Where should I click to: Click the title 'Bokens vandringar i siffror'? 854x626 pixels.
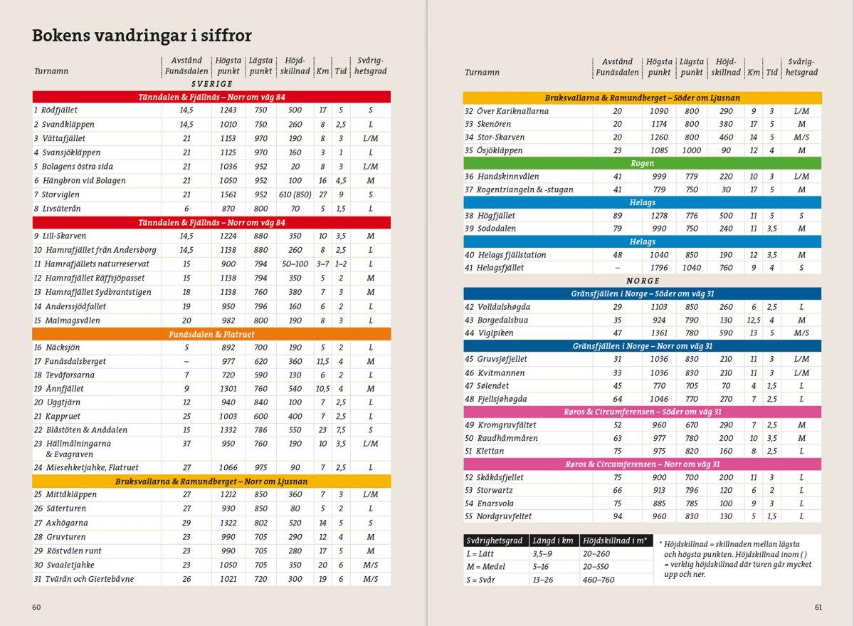coord(142,36)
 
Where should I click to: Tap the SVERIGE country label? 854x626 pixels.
coord(211,84)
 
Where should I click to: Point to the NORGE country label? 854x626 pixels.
coord(643,281)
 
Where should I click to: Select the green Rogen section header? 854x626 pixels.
coord(642,163)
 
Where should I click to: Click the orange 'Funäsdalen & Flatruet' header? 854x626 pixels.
coord(211,334)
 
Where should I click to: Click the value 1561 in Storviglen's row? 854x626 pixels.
coord(228,194)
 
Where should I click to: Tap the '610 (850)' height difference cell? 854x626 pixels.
coord(295,194)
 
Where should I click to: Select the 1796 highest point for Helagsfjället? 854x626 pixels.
coord(659,268)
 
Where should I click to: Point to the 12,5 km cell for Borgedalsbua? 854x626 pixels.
coord(754,320)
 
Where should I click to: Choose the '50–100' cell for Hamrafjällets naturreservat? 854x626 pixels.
coord(295,264)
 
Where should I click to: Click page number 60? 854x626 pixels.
coord(36,607)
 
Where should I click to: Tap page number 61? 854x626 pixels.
coord(818,607)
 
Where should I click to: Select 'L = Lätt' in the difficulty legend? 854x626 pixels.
coord(480,553)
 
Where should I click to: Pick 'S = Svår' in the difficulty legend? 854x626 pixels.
coord(482,580)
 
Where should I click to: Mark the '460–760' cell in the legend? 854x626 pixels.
coord(599,580)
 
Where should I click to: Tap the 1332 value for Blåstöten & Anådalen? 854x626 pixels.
coord(228,430)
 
